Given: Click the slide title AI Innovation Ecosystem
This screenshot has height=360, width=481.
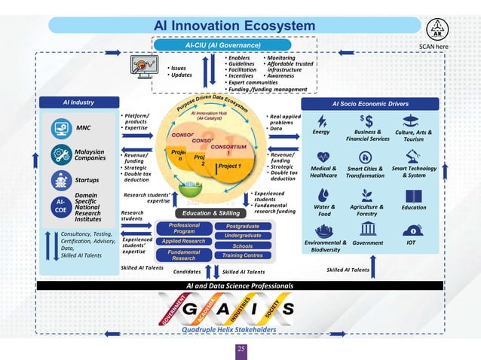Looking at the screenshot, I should click(234, 26).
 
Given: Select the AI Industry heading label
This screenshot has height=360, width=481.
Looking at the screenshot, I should click(78, 102).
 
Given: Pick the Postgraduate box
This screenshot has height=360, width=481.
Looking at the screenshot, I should click(243, 225).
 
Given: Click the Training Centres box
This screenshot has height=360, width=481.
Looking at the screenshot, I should click(243, 255).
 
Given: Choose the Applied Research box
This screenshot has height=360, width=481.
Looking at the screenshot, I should click(184, 241).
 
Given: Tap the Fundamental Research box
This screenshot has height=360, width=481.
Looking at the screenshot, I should click(184, 255).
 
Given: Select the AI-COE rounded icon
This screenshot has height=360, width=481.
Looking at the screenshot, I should click(61, 207).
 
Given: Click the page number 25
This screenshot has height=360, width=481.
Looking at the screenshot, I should click(241, 349).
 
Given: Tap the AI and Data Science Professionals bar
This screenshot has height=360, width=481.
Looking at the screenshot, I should click(240, 286).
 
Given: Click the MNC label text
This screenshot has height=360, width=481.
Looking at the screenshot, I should click(83, 128).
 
